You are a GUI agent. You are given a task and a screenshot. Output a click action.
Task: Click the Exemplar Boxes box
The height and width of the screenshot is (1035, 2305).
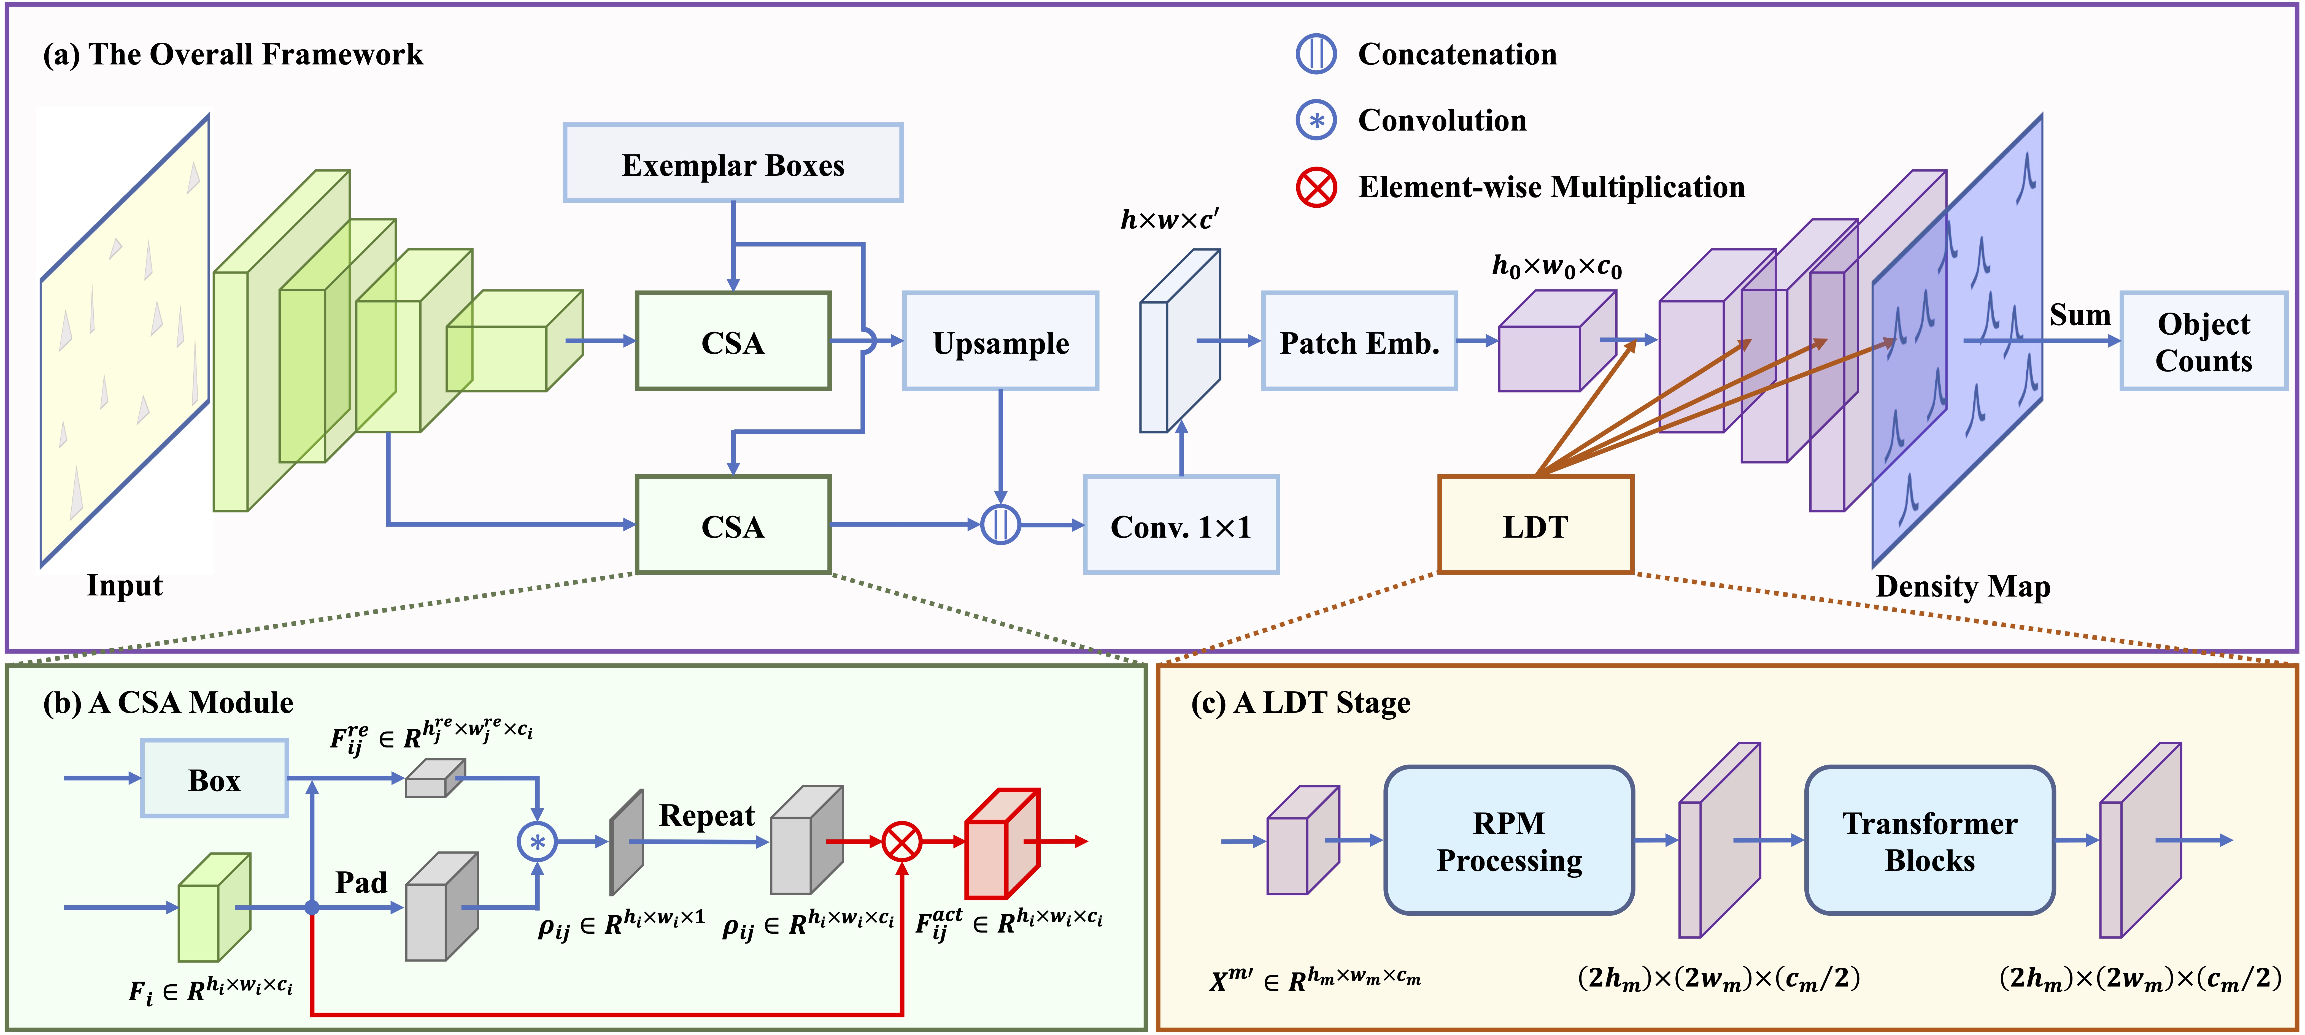tap(733, 163)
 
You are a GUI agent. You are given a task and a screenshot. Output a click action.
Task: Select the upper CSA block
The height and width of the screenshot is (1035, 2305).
tap(733, 341)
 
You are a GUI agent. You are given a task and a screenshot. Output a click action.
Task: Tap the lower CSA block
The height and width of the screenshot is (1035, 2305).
tap(733, 525)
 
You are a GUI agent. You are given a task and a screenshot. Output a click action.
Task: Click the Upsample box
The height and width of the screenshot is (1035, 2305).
tap(1000, 341)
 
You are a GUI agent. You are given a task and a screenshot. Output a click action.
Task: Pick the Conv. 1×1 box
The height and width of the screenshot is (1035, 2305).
tap(1181, 525)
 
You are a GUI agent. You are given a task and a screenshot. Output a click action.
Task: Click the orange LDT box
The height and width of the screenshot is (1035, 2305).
tap(1535, 525)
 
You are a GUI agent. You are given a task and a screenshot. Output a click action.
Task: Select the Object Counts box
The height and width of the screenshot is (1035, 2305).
tap(2203, 341)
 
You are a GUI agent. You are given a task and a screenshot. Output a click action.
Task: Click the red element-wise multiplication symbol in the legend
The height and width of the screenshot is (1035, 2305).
tap(1316, 187)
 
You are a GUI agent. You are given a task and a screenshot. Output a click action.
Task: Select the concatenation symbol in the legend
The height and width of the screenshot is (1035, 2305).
tap(1316, 54)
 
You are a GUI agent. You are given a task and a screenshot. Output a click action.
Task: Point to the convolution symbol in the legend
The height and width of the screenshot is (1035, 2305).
tap(1316, 120)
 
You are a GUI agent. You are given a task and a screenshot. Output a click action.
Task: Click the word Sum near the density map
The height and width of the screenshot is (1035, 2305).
tap(2080, 315)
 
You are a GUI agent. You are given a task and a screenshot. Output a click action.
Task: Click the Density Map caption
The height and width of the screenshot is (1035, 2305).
tap(1962, 587)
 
